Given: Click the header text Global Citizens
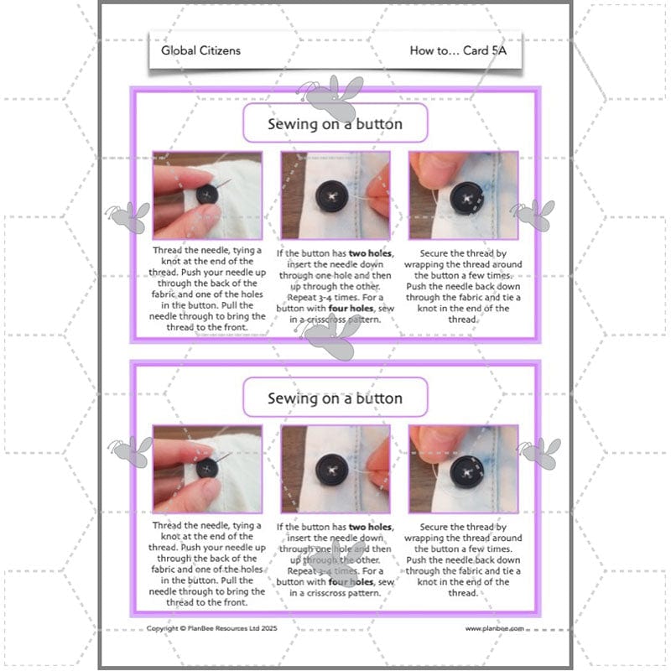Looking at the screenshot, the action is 200,50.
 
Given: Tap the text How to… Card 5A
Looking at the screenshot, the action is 458,50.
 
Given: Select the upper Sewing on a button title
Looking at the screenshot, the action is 335,123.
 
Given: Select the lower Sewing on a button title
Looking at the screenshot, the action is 335,398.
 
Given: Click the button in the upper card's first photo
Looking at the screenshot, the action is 207,195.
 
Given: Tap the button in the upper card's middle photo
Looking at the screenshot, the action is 332,196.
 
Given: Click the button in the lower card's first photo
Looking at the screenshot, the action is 207,468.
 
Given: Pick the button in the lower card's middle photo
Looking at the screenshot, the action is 332,471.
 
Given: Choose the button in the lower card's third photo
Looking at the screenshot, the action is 467,472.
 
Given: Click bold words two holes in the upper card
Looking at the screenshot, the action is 370,253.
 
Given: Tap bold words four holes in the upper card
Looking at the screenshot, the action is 351,308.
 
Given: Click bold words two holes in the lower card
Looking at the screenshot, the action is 370,527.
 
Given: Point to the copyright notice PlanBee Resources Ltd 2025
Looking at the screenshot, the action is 212,628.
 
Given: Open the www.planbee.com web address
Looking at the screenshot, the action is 495,628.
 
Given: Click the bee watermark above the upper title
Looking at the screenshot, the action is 331,96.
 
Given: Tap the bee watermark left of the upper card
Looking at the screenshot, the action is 128,217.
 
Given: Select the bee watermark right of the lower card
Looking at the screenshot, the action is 540,453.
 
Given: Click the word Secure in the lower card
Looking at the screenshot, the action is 433,527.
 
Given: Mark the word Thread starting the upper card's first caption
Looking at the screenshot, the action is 167,250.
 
